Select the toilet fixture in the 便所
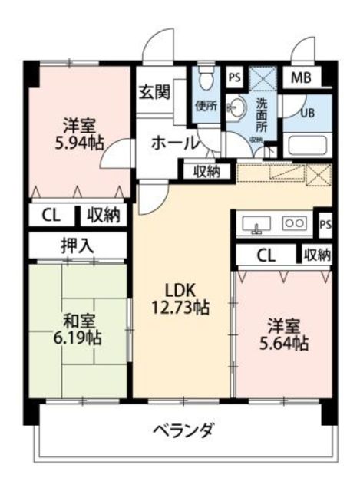(206, 77)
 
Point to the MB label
(300, 78)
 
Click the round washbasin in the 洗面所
(238, 107)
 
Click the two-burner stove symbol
(294, 223)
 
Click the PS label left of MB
(235, 78)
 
